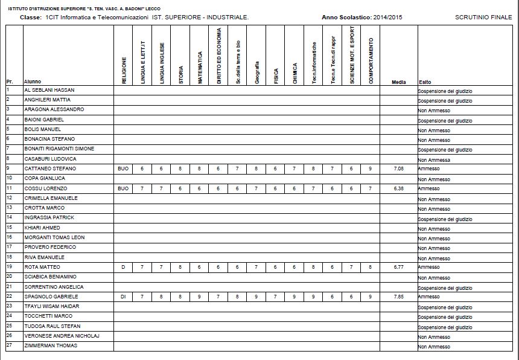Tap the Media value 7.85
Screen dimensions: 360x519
(398, 297)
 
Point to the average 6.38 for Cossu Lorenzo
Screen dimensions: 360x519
(398, 188)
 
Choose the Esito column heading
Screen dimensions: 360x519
(424, 82)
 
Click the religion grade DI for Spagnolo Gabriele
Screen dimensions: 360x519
(123, 297)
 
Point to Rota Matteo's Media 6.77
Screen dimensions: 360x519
(398, 267)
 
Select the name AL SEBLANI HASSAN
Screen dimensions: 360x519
(49, 89)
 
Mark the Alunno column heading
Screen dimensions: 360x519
(33, 82)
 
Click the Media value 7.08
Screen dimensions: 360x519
(398, 169)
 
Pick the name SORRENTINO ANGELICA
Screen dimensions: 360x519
(54, 287)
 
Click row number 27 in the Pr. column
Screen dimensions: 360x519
(9, 346)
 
